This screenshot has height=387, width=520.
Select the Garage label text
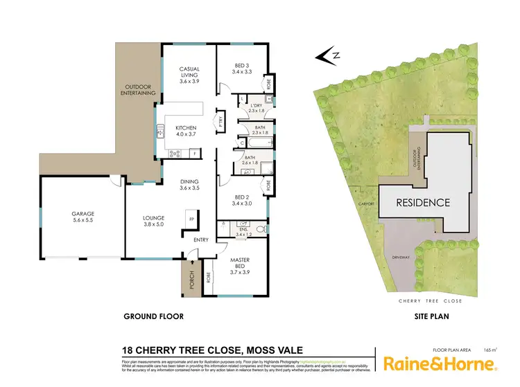tap(83, 217)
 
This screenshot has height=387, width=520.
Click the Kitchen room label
tap(186, 132)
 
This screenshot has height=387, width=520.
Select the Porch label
tap(190, 279)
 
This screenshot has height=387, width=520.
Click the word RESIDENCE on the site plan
tap(423, 204)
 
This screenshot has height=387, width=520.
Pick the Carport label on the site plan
tap(367, 204)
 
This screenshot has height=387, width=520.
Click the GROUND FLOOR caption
tap(153, 316)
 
